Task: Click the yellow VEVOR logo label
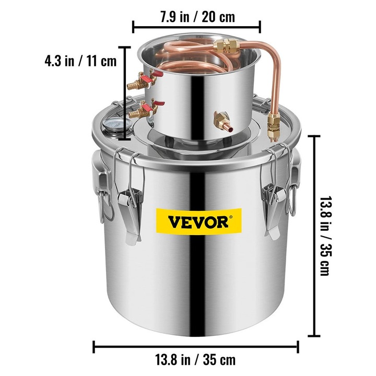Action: (x=198, y=221)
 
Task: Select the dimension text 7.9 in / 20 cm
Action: (x=197, y=17)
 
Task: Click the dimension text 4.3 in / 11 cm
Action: (x=80, y=61)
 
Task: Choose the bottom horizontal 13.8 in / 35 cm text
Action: (x=195, y=360)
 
